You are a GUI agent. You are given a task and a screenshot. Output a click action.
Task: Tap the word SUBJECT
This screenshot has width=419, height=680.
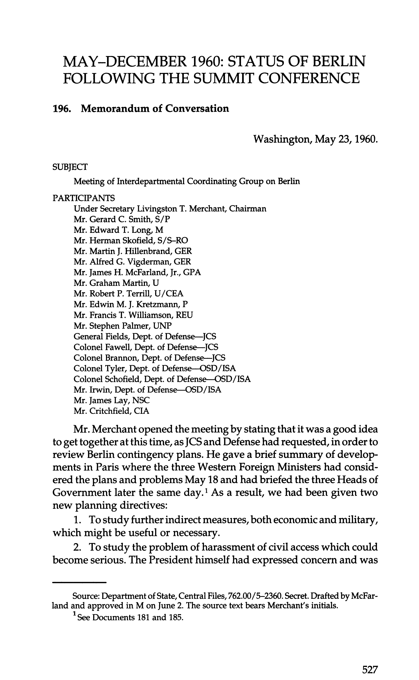tap(70, 167)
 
